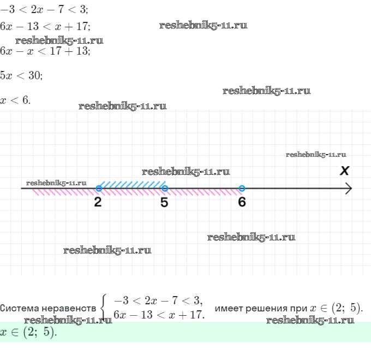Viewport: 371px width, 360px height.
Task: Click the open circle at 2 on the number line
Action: (99, 188)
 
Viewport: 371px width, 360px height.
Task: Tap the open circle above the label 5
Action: (165, 188)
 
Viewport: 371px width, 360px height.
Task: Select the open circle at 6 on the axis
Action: (242, 188)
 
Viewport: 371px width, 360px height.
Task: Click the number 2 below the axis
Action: (98, 202)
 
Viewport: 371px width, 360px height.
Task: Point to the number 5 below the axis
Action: (164, 202)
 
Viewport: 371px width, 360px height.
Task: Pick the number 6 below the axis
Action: (242, 202)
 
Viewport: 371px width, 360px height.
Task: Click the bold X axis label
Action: (344, 171)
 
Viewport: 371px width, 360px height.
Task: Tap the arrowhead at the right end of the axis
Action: (349, 188)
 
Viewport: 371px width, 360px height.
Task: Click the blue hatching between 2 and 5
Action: (133, 184)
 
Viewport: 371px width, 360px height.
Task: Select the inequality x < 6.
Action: (16, 100)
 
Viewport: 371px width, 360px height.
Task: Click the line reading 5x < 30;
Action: (21, 75)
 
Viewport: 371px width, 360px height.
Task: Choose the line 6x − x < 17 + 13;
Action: (45, 51)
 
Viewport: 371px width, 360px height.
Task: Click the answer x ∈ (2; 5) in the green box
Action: (28, 332)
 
